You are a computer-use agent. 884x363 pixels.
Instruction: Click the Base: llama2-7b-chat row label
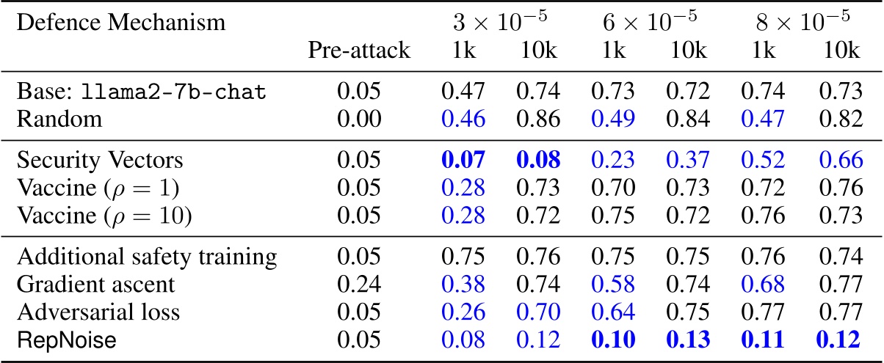point(142,92)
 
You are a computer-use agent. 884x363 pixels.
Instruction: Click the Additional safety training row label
point(147,257)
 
